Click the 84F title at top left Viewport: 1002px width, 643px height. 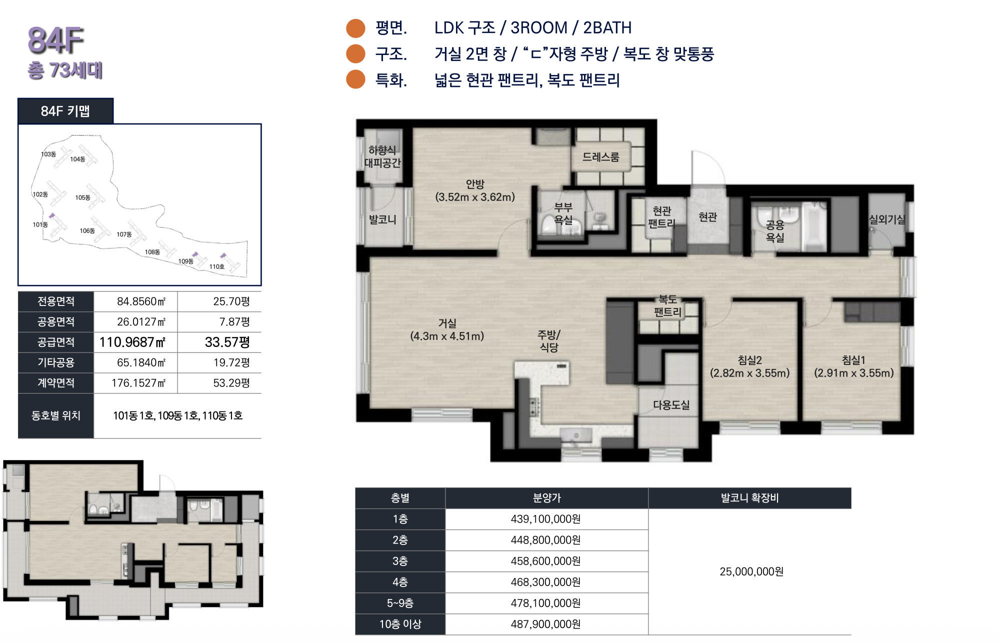tap(55, 40)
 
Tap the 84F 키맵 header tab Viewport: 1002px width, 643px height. tap(65, 111)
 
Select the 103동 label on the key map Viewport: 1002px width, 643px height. tap(48, 154)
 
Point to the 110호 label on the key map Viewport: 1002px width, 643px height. tap(217, 266)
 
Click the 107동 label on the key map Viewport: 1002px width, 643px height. tap(124, 234)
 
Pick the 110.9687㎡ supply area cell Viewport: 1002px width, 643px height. tap(132, 342)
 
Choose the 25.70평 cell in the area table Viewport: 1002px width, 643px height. tap(231, 301)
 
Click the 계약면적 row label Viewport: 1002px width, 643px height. tap(56, 383)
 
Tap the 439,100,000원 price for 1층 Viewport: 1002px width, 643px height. tap(546, 519)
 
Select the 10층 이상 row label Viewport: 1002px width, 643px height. tap(400, 624)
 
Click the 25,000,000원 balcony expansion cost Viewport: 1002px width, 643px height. tap(751, 571)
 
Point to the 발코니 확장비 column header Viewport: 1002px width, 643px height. tap(749, 498)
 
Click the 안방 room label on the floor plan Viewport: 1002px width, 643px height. tap(475, 184)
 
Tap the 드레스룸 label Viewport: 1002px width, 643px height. tap(601, 157)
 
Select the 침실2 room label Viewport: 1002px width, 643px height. tap(750, 360)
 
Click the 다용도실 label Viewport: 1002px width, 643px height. tap(671, 405)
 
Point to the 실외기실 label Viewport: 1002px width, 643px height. tap(887, 219)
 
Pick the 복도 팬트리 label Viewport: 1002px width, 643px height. tap(668, 305)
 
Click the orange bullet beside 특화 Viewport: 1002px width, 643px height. tap(356, 79)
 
